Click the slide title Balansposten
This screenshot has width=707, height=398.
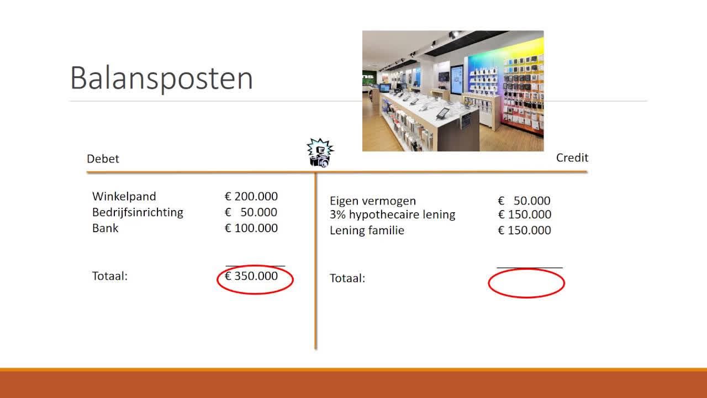[x=161, y=79]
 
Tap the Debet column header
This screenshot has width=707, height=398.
[x=103, y=159]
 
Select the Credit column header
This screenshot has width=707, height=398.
[x=572, y=158]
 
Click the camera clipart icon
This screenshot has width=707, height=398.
[x=320, y=153]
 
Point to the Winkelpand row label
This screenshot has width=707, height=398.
[x=124, y=196]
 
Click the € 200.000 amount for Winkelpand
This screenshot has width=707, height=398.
[x=251, y=196]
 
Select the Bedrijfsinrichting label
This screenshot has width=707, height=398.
[x=138, y=212]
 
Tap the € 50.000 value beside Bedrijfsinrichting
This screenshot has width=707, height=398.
[x=251, y=212]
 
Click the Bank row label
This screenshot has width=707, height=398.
[x=105, y=228]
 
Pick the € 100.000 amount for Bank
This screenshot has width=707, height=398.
[x=251, y=228]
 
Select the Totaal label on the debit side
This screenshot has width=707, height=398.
[x=110, y=276]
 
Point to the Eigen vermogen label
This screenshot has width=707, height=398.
[x=373, y=201]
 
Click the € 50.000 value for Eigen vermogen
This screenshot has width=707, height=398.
[x=524, y=201]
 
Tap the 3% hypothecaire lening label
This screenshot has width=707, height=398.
[x=393, y=214]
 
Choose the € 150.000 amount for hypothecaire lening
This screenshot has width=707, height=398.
[x=524, y=214]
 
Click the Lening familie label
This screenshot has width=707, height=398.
[x=367, y=231]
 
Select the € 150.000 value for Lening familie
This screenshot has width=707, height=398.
[x=524, y=231]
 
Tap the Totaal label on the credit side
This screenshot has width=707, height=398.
[x=347, y=278]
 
